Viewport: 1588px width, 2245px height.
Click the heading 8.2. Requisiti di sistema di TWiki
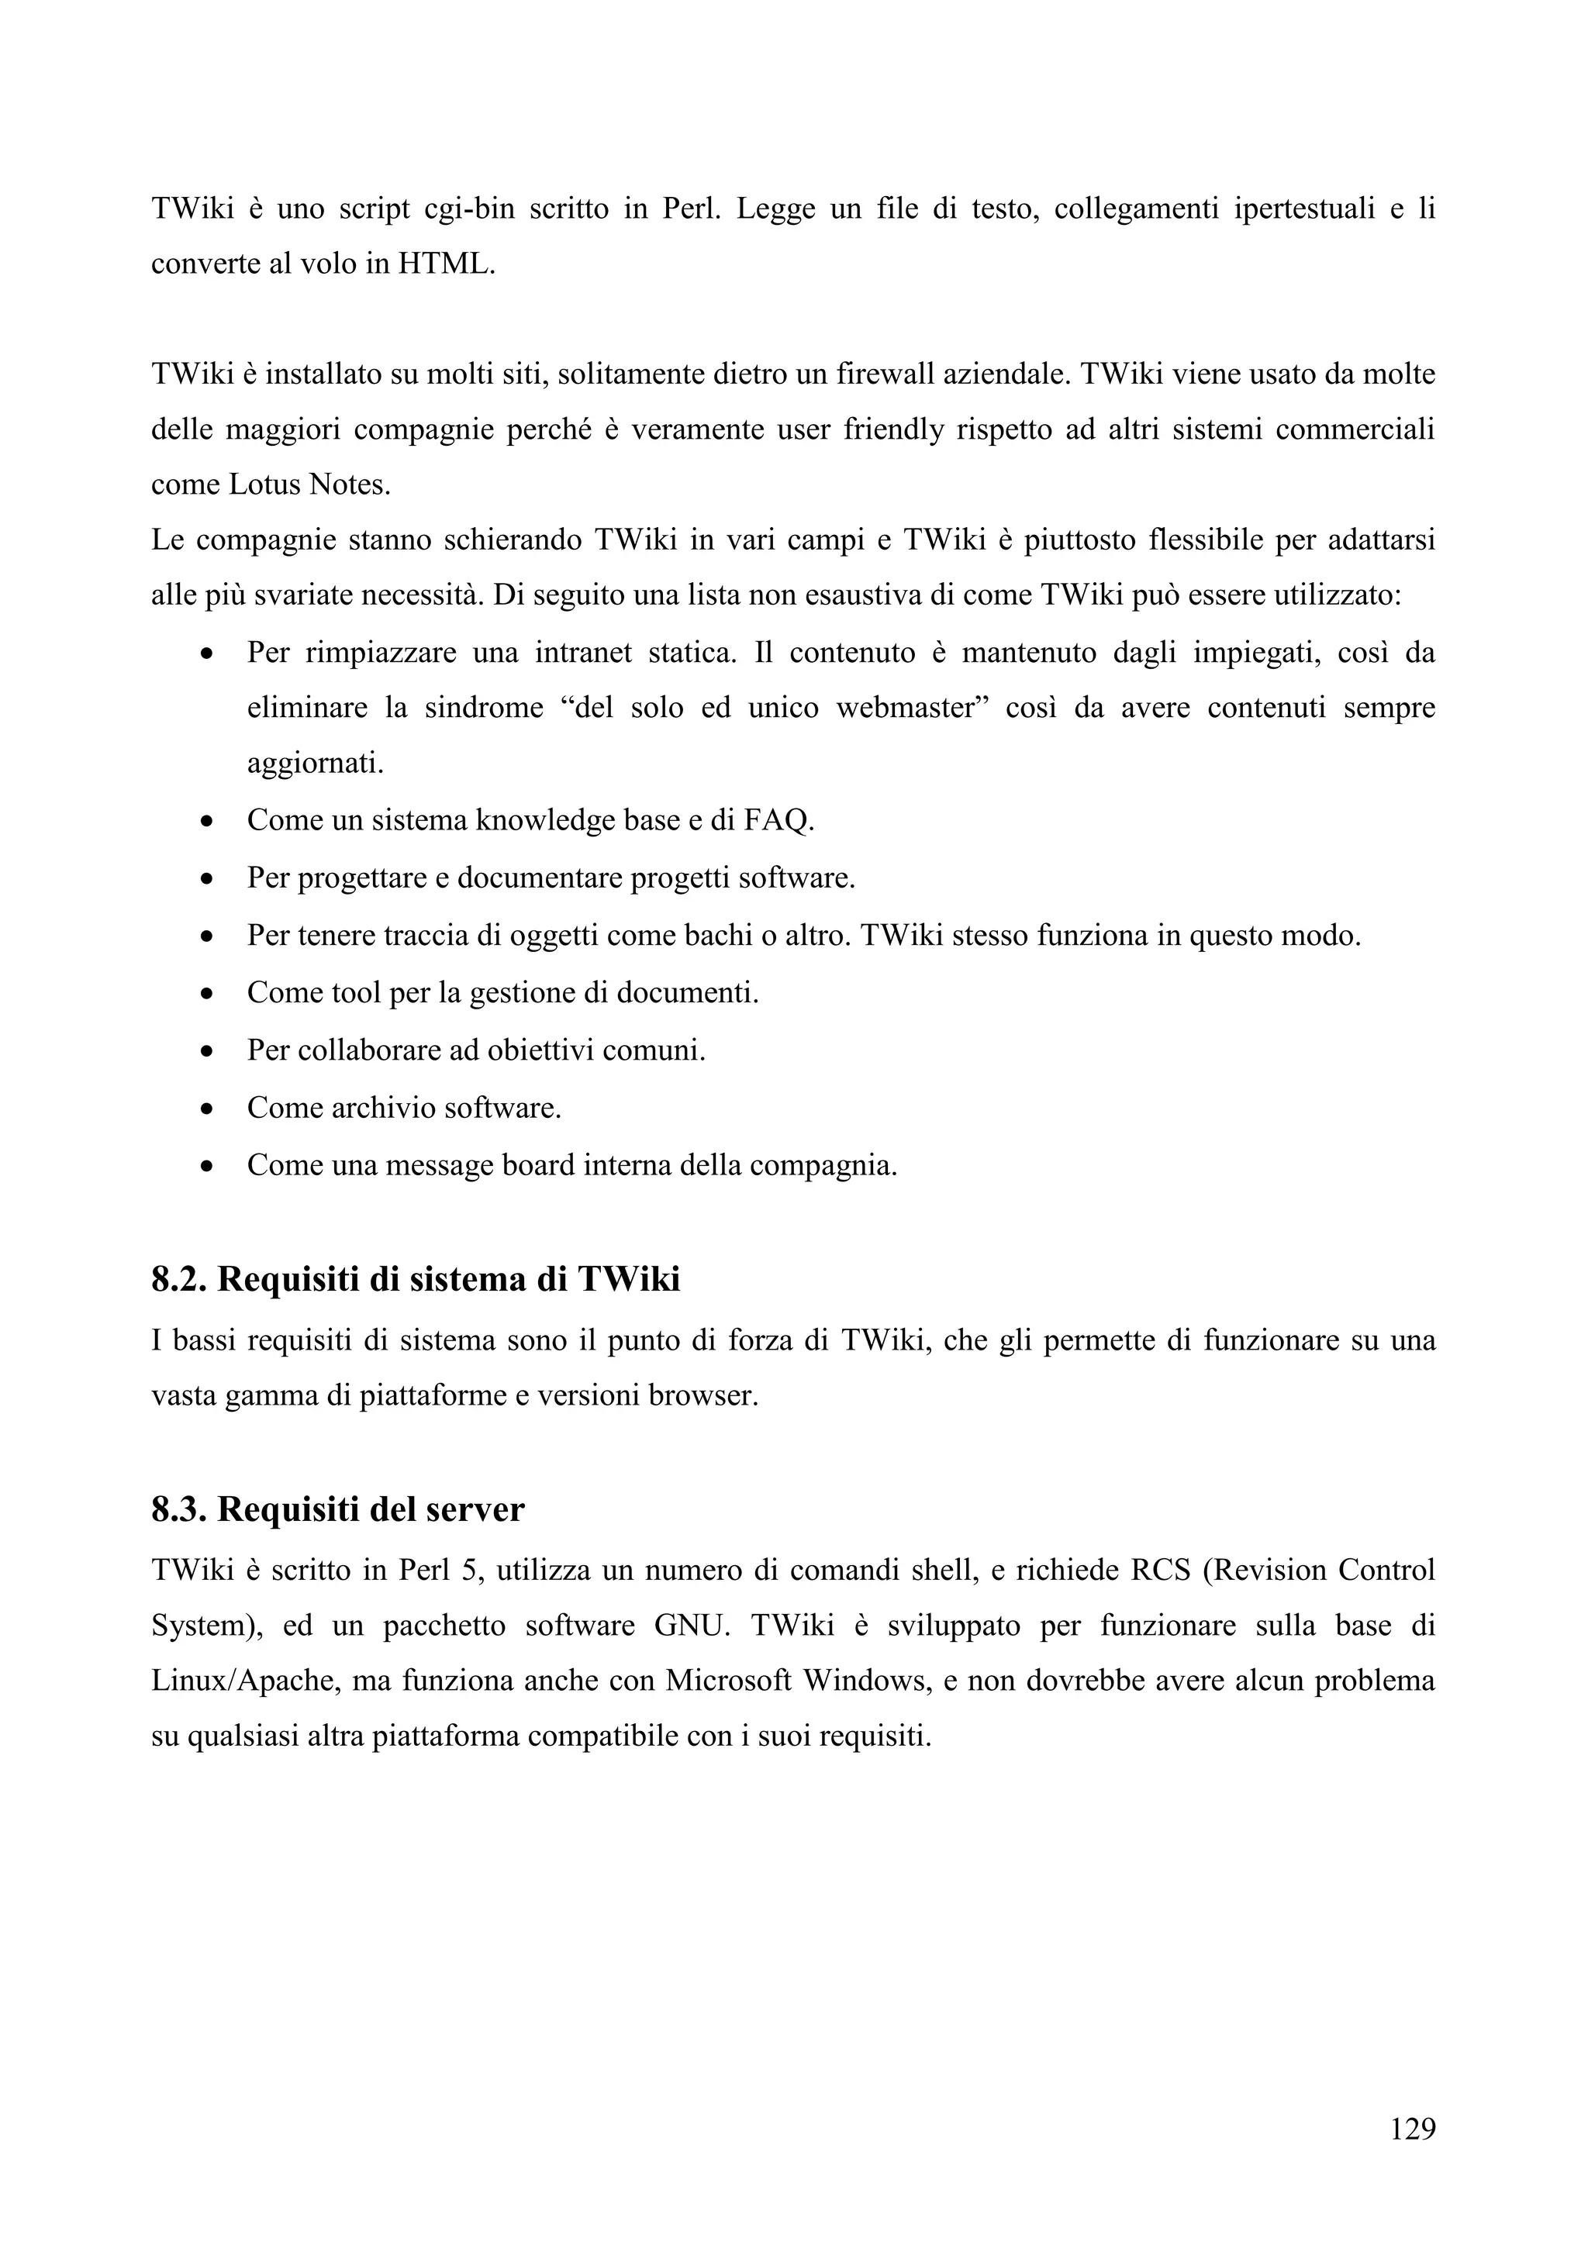(x=416, y=1279)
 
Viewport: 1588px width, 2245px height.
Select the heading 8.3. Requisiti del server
(x=337, y=1509)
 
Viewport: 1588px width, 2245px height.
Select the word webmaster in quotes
(x=906, y=707)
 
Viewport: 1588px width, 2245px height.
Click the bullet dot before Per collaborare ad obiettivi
(x=206, y=1052)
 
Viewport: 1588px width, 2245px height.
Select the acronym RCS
(x=1161, y=1571)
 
